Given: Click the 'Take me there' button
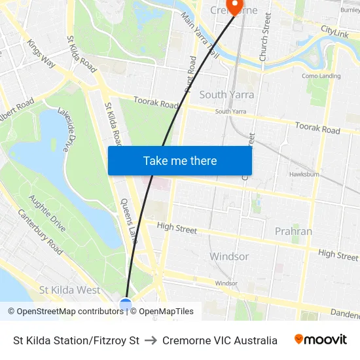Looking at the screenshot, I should coord(180,160).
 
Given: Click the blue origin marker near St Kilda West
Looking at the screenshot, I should coord(126,304).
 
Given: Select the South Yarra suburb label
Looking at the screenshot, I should coord(226,94).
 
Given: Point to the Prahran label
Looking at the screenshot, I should coord(293,231).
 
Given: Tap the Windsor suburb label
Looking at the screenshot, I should coord(229,257).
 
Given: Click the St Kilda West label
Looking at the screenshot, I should coord(70,289).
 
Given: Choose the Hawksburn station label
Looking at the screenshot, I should coord(304,175).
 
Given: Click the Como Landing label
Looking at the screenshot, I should coord(321,76).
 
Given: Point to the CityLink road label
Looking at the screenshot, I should coord(334,31).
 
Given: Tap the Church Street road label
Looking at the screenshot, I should coord(265,37).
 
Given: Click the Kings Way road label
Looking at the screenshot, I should coord(41,53).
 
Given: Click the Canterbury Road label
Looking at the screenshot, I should coord(40,232).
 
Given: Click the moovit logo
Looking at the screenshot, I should coord(320,340).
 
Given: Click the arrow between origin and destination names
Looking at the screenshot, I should coord(151,340).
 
